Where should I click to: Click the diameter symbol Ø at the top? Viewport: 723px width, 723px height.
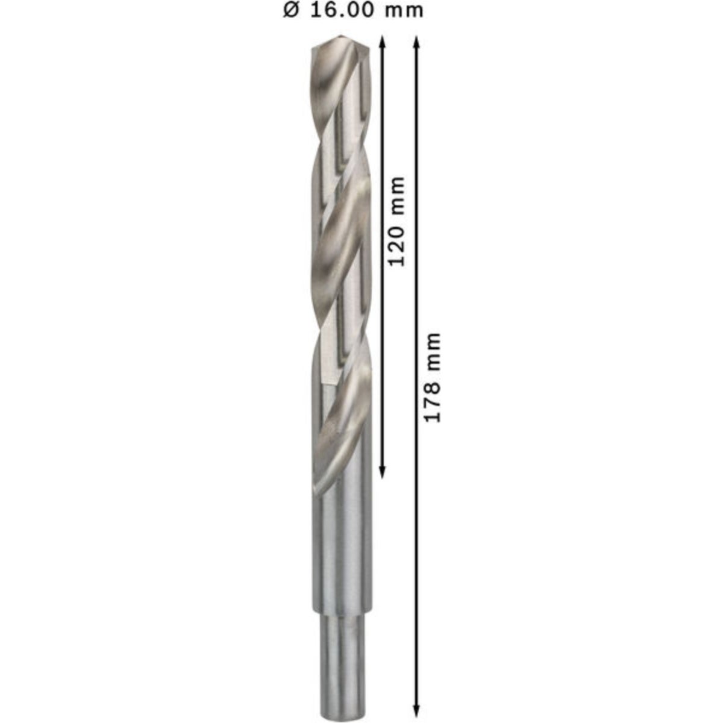[x=291, y=10]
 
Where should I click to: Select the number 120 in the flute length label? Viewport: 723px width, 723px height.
[x=397, y=246]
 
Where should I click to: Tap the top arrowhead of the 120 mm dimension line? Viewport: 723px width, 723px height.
[x=382, y=42]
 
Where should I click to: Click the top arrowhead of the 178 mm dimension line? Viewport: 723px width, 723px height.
[x=416, y=42]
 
